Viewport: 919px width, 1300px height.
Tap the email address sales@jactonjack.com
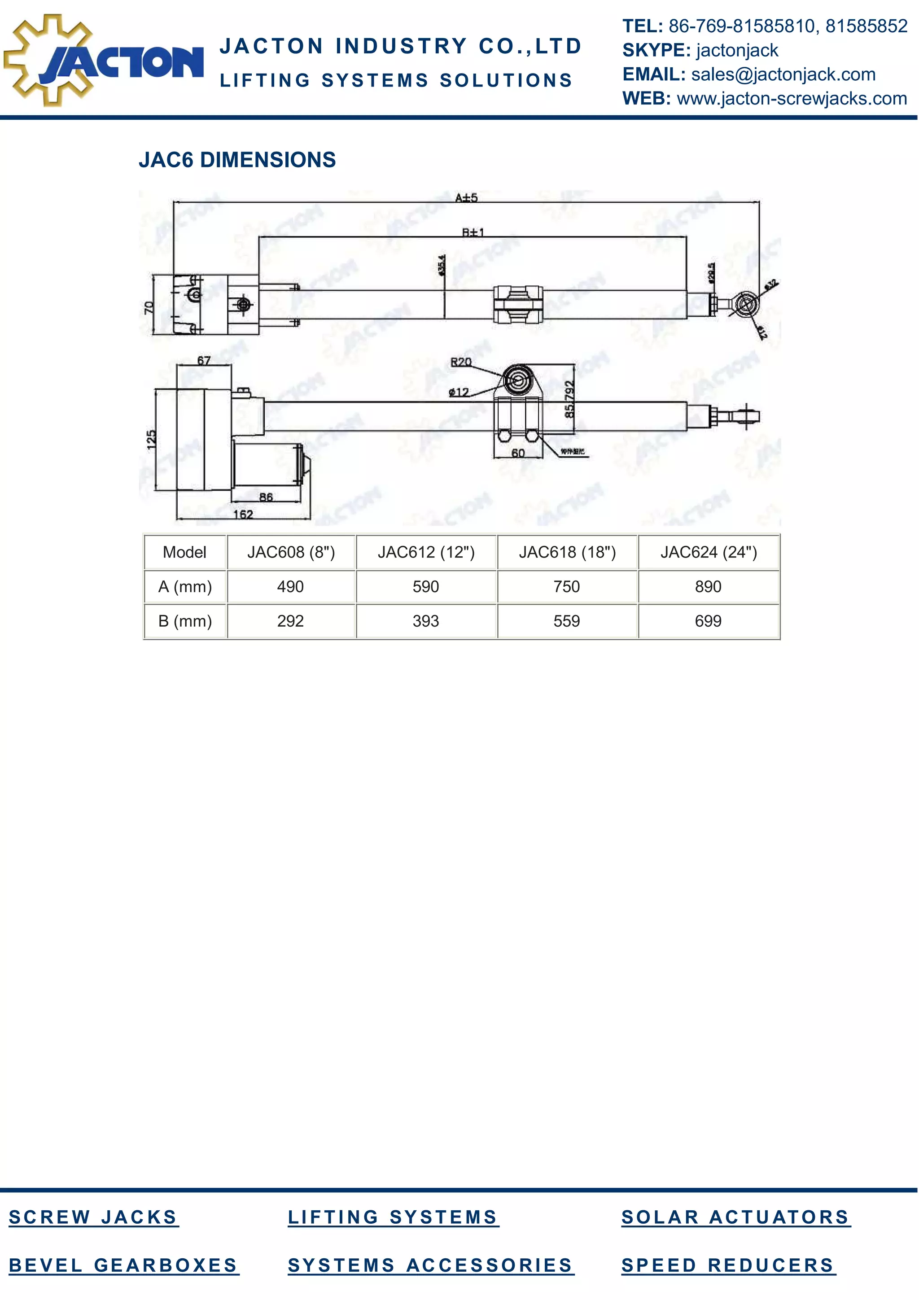click(783, 74)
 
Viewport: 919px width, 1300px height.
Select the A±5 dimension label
click(466, 198)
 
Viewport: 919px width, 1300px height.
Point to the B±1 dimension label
click(473, 232)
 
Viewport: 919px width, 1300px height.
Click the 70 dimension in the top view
click(149, 307)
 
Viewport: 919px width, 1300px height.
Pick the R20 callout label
click(460, 362)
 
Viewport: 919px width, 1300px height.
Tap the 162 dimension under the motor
click(243, 514)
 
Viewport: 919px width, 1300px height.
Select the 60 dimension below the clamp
click(517, 453)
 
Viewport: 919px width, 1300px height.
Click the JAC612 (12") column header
click(426, 552)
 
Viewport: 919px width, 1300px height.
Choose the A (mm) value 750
click(567, 587)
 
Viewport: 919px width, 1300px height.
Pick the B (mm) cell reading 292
click(290, 621)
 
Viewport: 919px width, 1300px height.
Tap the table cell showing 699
click(708, 621)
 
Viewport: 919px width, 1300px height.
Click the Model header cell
click(184, 552)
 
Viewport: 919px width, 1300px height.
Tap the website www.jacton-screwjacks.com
click(792, 99)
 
